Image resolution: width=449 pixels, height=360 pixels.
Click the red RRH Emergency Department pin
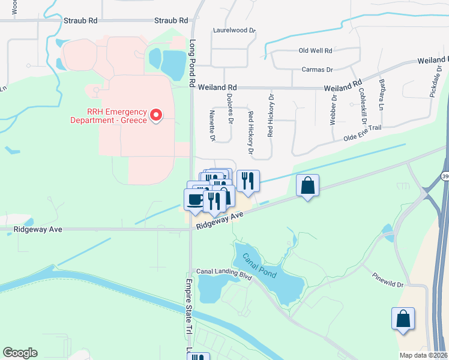click(x=156, y=114)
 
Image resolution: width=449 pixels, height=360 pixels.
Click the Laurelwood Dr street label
click(x=234, y=29)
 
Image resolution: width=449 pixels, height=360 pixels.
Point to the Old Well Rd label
click(x=316, y=52)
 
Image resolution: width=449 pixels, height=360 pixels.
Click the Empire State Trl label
click(x=188, y=306)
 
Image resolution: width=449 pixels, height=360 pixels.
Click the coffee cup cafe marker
click(x=194, y=199)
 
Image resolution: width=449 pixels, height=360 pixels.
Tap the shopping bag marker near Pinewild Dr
click(x=403, y=319)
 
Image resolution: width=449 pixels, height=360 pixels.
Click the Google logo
click(x=20, y=353)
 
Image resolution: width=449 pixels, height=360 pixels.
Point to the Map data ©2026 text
click(x=423, y=355)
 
